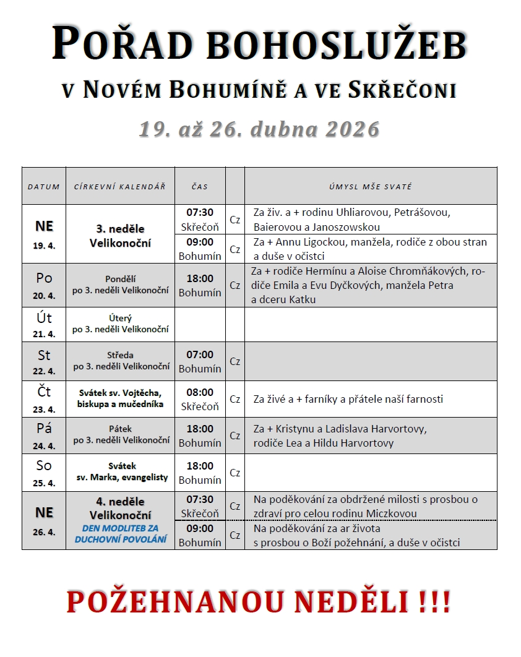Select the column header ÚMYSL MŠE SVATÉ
pyautogui.click(x=371, y=186)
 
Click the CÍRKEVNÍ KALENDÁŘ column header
pyautogui.click(x=120, y=186)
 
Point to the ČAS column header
pyautogui.click(x=200, y=186)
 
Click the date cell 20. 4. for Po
pyautogui.click(x=44, y=296)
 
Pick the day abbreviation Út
pyautogui.click(x=44, y=318)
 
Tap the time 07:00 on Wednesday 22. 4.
pyautogui.click(x=200, y=354)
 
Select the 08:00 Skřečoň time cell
pyautogui.click(x=200, y=399)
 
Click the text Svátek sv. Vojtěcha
pyautogui.click(x=120, y=393)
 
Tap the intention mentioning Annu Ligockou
pyautogui.click(x=370, y=249)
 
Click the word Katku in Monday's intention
pyautogui.click(x=301, y=300)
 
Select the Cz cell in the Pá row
pyautogui.click(x=235, y=436)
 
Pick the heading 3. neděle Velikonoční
pyautogui.click(x=119, y=235)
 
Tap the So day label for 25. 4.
pyautogui.click(x=44, y=465)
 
